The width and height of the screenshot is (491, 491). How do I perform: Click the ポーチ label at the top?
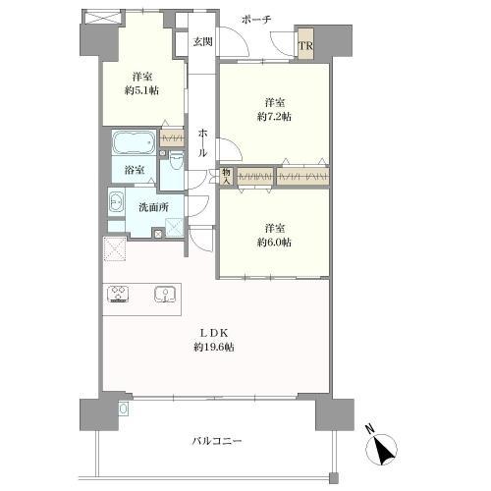[258, 20]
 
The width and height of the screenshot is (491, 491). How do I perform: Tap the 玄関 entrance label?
[202, 41]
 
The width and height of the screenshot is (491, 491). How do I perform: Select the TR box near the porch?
[306, 44]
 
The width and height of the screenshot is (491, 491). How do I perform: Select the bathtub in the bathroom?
[134, 143]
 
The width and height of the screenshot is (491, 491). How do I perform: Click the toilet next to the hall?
[175, 159]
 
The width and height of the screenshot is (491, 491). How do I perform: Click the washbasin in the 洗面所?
[115, 206]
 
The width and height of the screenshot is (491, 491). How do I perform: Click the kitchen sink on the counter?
[165, 293]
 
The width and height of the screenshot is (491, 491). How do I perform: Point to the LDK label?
[218, 332]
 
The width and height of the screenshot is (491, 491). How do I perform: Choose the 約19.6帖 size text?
[218, 348]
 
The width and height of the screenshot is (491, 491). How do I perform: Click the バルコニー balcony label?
[218, 441]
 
